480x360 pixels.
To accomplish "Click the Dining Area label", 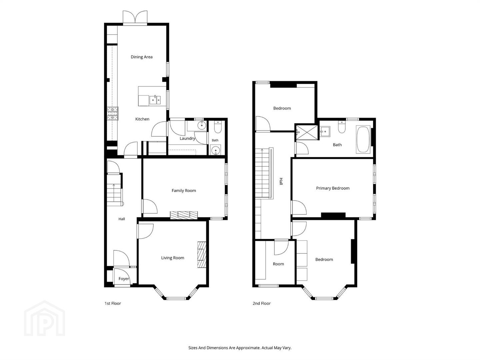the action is pyautogui.click(x=141, y=57).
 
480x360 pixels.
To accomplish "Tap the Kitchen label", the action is pyautogui.click(x=142, y=119).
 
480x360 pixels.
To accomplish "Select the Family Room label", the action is pyautogui.click(x=184, y=191).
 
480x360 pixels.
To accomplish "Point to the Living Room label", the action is pyautogui.click(x=173, y=258).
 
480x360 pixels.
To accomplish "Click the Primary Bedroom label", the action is pyautogui.click(x=333, y=188).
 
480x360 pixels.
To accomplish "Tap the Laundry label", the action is pyautogui.click(x=187, y=138).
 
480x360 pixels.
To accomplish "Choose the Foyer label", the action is pyautogui.click(x=124, y=279).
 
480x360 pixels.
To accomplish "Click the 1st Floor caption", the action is pyautogui.click(x=113, y=303).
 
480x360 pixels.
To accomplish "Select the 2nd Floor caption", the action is pyautogui.click(x=262, y=303).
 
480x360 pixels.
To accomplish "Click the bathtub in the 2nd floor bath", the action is pyautogui.click(x=363, y=139).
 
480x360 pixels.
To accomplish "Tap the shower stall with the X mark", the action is pyautogui.click(x=306, y=132).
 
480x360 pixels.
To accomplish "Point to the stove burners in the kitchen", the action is pyautogui.click(x=113, y=113).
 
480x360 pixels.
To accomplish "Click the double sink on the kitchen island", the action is pyautogui.click(x=155, y=100).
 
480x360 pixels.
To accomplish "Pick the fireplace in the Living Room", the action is pyautogui.click(x=202, y=255).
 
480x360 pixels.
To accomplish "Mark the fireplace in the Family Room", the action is pyautogui.click(x=184, y=215).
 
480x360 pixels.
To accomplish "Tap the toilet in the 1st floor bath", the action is pyautogui.click(x=218, y=127).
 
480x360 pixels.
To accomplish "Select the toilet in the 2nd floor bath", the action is pyautogui.click(x=342, y=127).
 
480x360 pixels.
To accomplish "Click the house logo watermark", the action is pyautogui.click(x=44, y=318).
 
